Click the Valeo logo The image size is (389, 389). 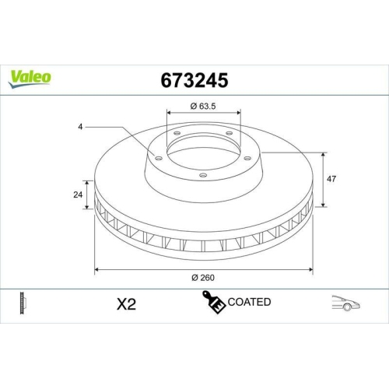[30, 76]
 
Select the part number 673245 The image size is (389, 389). [194, 80]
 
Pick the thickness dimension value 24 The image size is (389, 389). [78, 194]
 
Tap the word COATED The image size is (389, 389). [248, 302]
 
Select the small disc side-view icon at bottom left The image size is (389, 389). [21, 303]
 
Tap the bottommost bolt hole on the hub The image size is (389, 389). [203, 175]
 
